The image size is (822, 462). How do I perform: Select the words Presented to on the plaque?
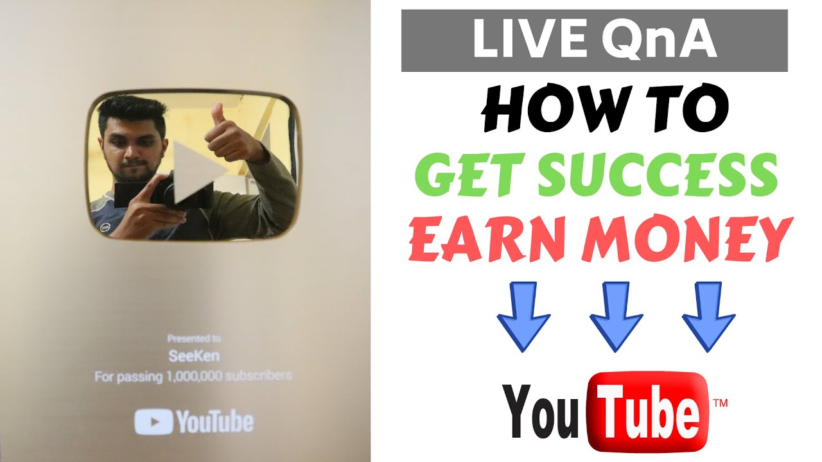(x=193, y=338)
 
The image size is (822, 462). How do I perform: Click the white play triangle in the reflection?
(x=193, y=173)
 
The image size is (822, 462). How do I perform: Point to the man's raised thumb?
(x=218, y=116)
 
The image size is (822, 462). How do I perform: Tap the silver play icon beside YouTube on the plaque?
(x=153, y=422)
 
